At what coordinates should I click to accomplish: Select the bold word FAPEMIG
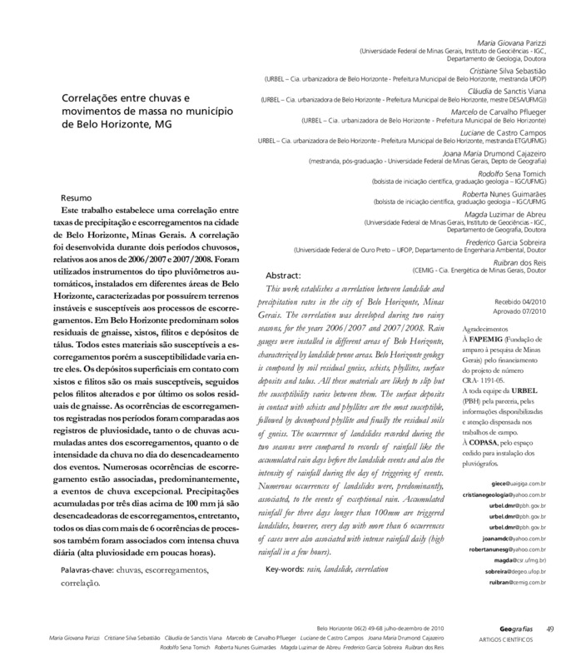coord(504,341)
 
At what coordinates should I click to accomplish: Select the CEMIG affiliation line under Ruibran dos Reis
coord(489,271)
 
